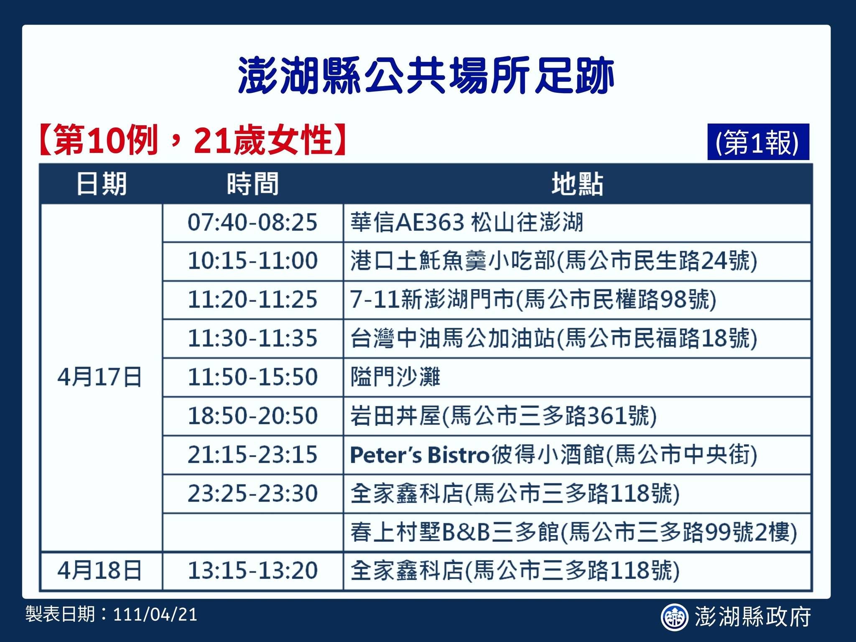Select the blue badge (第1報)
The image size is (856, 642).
[758, 142]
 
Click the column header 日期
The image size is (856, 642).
[102, 184]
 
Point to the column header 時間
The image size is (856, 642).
[253, 184]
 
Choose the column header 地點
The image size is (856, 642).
[577, 184]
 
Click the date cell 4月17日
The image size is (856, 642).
[100, 377]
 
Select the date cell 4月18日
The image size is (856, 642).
[100, 571]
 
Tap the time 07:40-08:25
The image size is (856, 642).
[252, 222]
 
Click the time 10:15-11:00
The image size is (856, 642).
[252, 261]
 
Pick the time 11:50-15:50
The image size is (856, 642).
[252, 377]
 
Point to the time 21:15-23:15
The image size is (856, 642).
[252, 455]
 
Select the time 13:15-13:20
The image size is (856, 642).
[252, 571]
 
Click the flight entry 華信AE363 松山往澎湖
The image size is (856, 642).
[467, 222]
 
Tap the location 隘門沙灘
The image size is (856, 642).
[395, 377]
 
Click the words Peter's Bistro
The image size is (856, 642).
[420, 455]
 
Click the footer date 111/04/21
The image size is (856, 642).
[155, 615]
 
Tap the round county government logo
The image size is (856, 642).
[674, 617]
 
